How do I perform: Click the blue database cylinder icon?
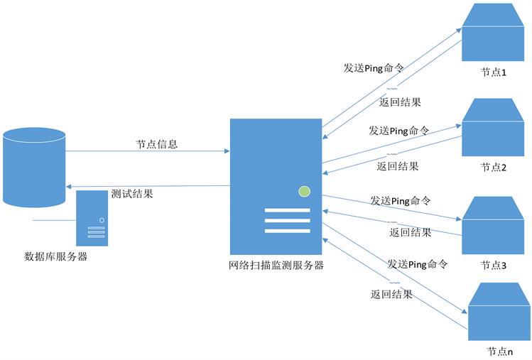pos(35,168)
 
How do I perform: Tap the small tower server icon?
pos(92,217)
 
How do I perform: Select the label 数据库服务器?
pos(56,256)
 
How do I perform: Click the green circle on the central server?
pos(305,190)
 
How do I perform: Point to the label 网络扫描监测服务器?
pos(276,266)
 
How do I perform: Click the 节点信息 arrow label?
pos(156,144)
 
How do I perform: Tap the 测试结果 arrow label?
pos(132,193)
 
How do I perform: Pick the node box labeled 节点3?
pos(496,226)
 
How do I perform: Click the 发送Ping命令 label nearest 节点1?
pos(374,68)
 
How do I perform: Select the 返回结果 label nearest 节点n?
pos(391,294)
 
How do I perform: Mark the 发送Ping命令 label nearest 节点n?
pos(417,264)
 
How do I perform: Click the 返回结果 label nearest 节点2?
pos(398,166)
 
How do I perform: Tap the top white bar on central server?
pos(288,210)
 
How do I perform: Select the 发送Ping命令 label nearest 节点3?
pos(400,201)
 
